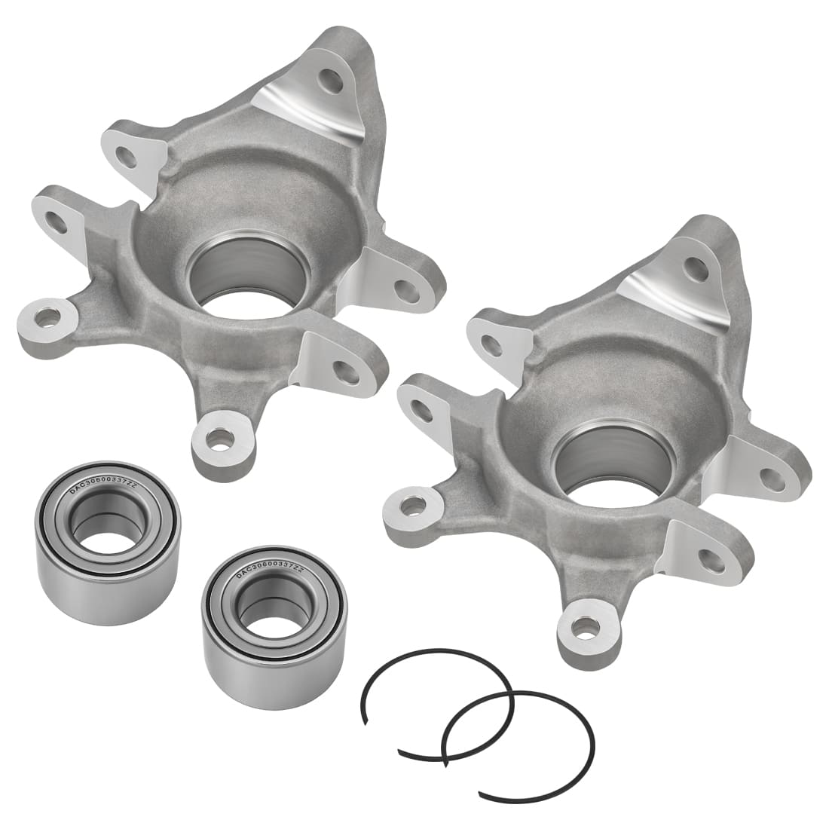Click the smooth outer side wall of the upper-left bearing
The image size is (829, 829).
point(106,603)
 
